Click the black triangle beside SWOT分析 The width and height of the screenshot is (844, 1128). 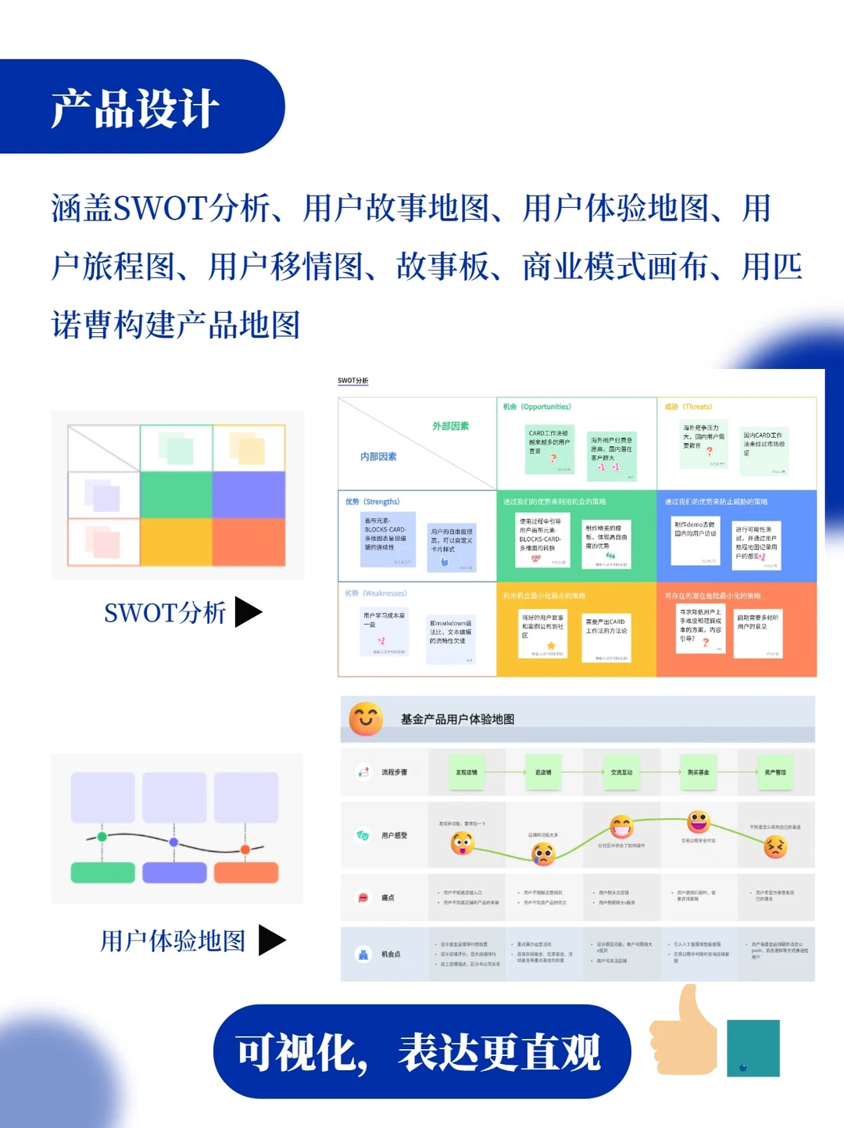tap(248, 612)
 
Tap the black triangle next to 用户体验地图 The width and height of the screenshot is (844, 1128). tap(271, 940)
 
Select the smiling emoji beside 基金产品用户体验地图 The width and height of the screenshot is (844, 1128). tap(365, 719)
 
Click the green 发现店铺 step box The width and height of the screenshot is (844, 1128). tap(467, 772)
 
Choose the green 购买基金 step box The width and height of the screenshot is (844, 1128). tap(698, 772)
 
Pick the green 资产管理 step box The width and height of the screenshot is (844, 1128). tap(775, 772)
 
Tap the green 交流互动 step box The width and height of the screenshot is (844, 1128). tap(621, 772)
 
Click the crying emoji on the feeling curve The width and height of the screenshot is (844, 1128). tap(543, 854)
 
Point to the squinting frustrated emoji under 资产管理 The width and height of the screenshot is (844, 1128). tap(775, 847)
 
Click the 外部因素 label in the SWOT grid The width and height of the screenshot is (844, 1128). tap(451, 426)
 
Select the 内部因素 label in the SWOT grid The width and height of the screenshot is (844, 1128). tap(378, 457)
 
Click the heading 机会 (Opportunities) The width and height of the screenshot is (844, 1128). tap(537, 406)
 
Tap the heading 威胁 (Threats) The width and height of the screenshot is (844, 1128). tap(688, 406)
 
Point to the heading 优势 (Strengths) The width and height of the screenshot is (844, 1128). tap(372, 502)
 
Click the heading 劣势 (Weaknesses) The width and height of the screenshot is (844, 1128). tap(376, 593)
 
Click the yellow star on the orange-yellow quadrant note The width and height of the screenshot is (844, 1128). tap(551, 646)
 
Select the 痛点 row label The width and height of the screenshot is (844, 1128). tap(388, 897)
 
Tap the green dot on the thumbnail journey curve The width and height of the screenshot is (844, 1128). tap(102, 837)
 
